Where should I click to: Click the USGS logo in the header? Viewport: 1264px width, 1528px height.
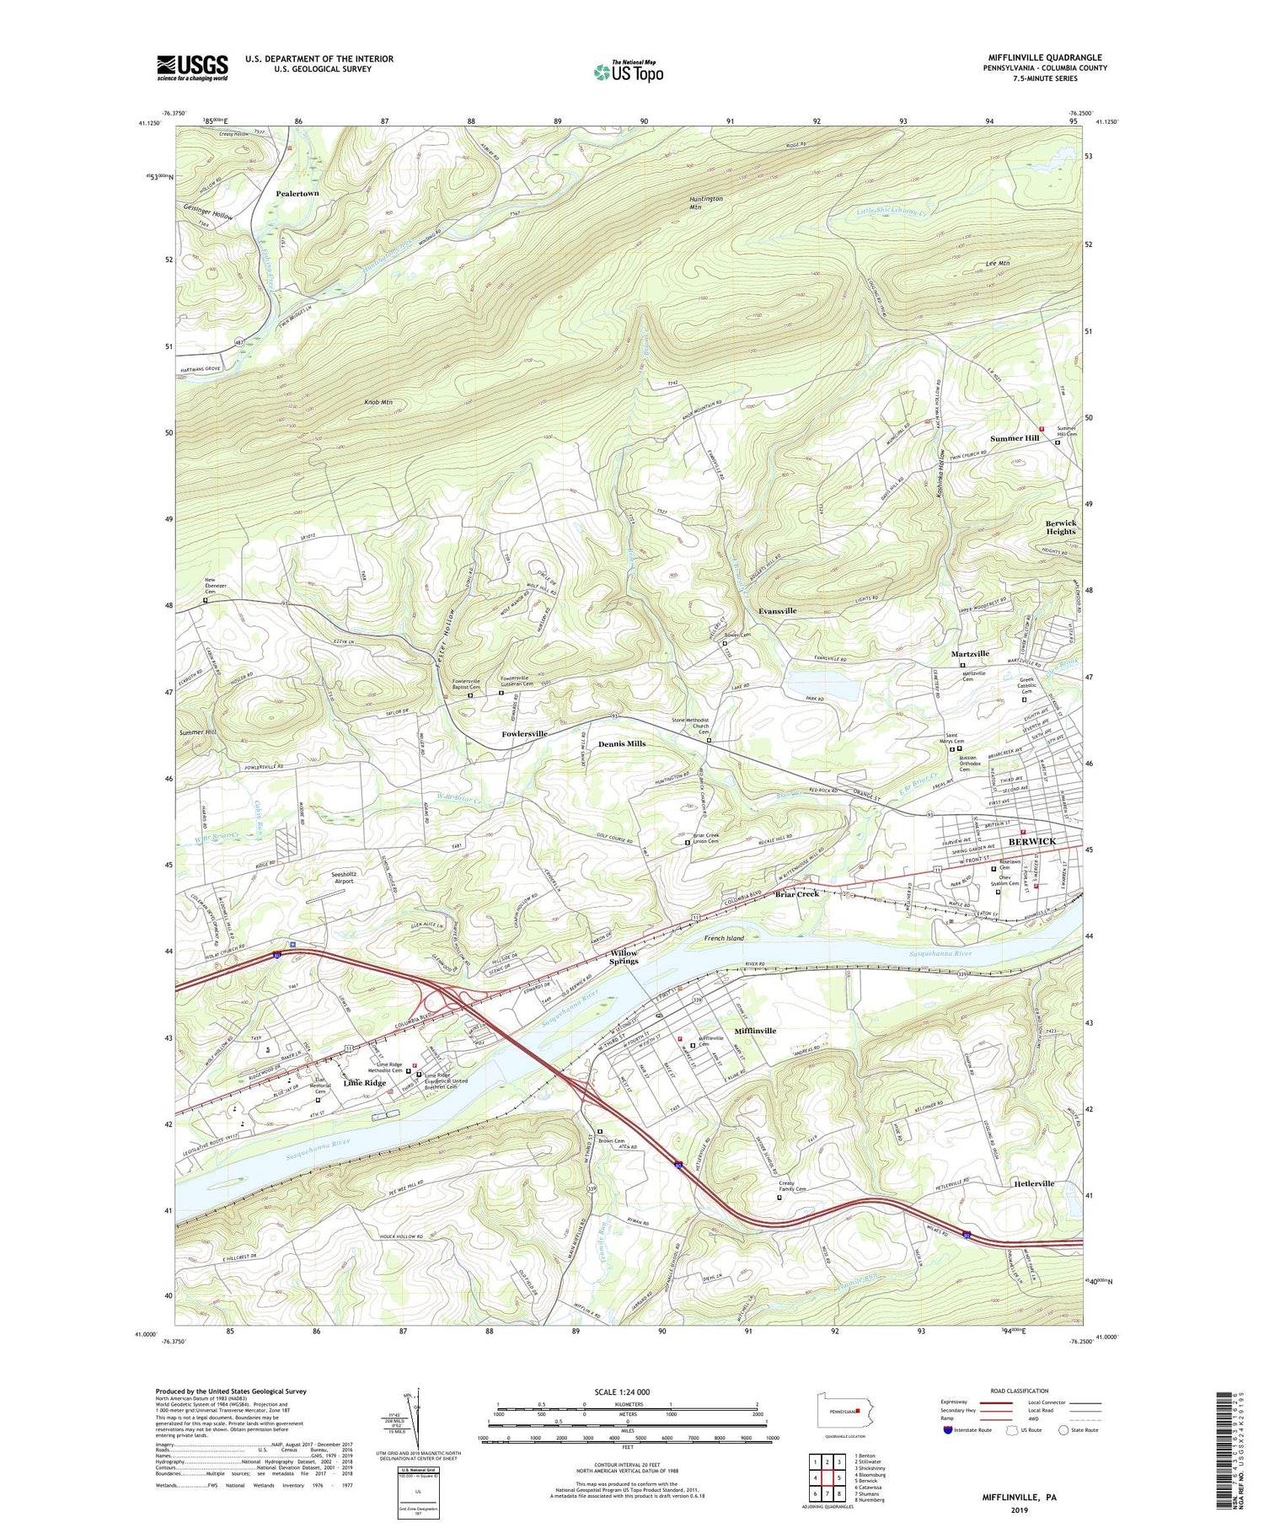(192, 67)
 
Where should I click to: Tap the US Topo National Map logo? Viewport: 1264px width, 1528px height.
(628, 72)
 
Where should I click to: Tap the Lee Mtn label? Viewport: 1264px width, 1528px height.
(998, 264)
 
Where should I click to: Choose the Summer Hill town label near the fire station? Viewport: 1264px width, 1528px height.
(1014, 438)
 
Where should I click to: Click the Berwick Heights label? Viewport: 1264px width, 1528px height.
(1061, 527)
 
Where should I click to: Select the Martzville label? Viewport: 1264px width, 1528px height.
(970, 653)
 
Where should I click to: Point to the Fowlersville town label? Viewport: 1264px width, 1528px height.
(524, 733)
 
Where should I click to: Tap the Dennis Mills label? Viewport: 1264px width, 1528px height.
(622, 744)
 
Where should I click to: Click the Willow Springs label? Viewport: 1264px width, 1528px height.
(624, 957)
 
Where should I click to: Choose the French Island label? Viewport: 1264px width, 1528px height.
(726, 937)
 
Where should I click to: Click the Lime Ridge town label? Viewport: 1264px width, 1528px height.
(365, 1083)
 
